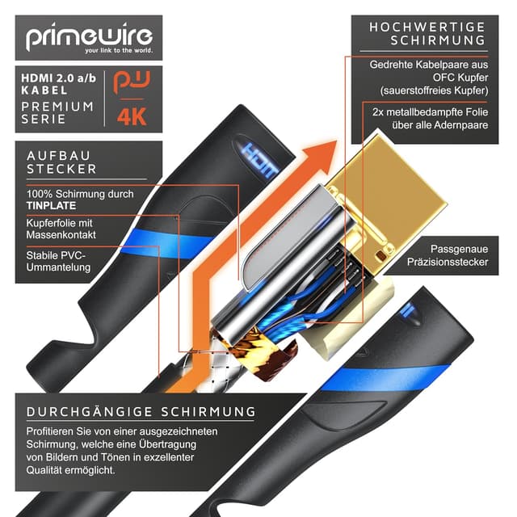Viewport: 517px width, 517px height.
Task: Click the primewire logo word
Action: (88, 38)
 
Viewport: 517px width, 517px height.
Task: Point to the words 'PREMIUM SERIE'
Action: (57, 113)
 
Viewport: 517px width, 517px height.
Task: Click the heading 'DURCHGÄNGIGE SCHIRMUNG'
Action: (141, 411)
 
